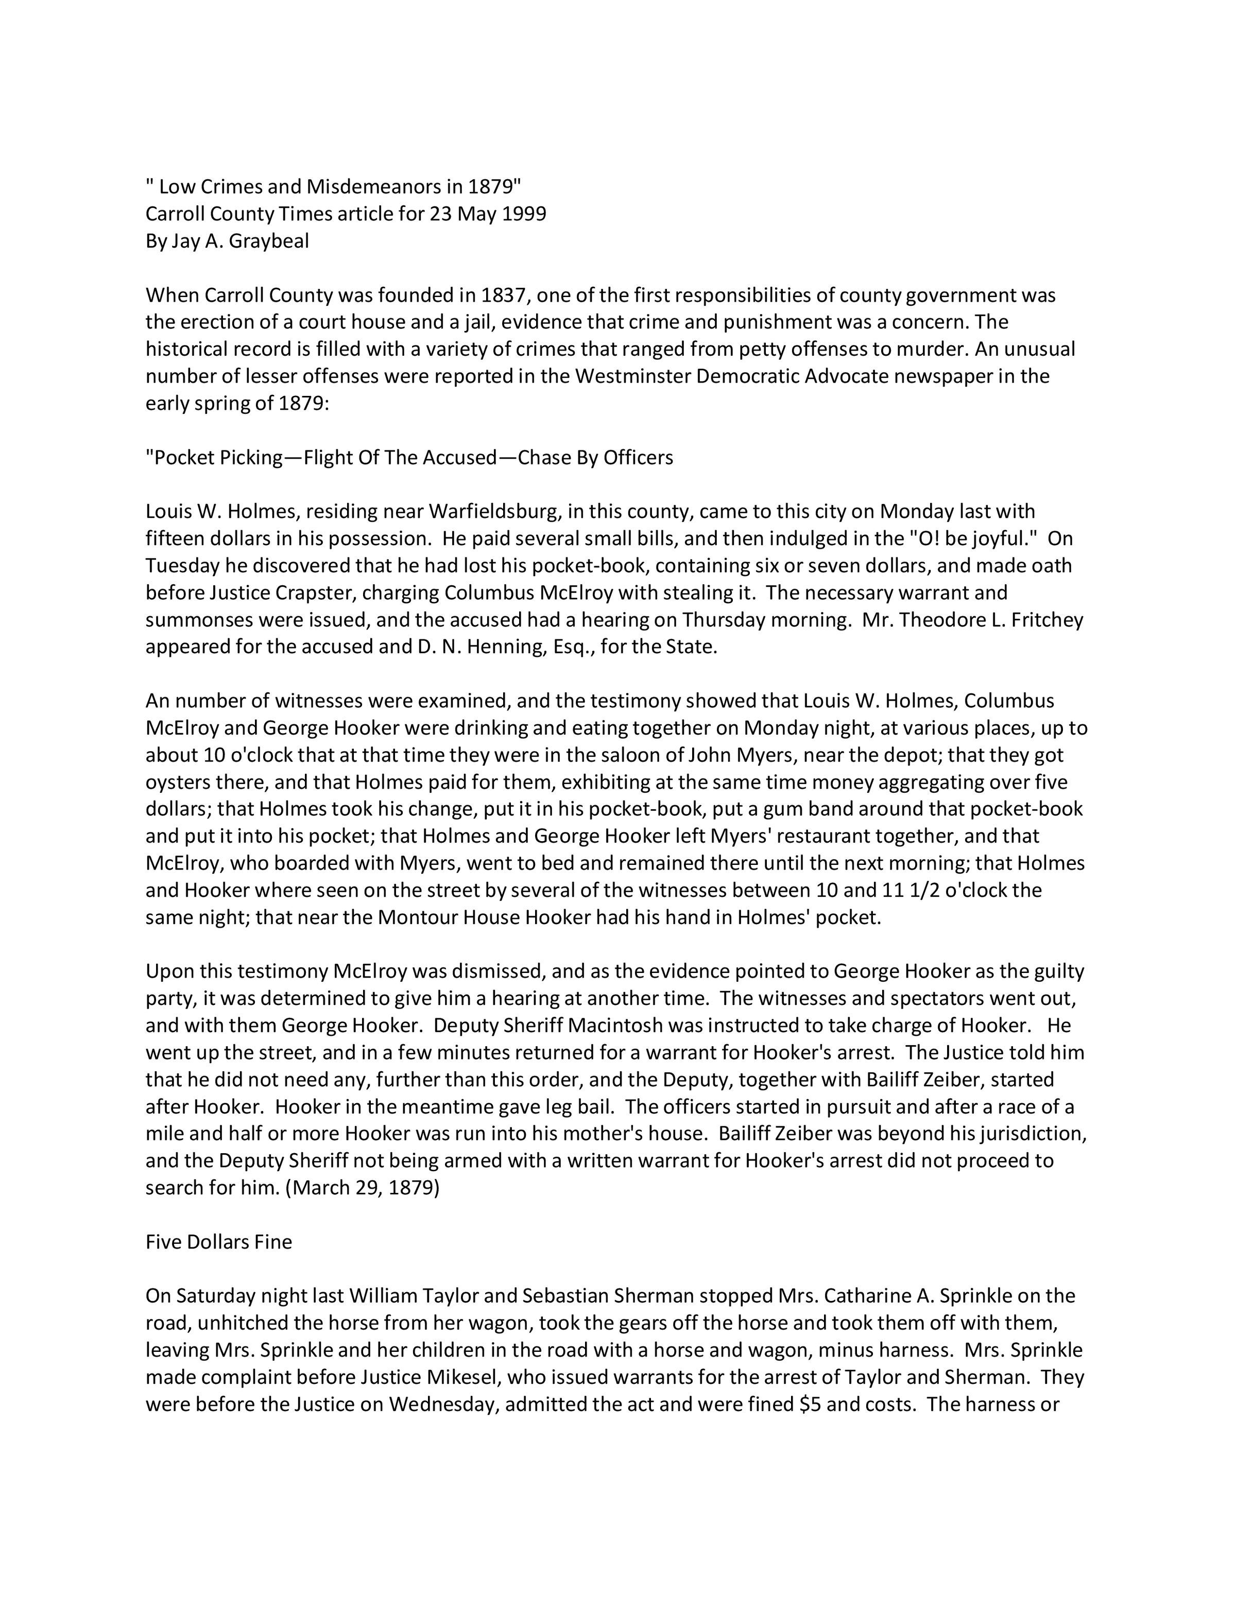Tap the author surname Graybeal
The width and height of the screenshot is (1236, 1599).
click(269, 241)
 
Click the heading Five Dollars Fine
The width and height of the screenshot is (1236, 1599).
click(219, 1242)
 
